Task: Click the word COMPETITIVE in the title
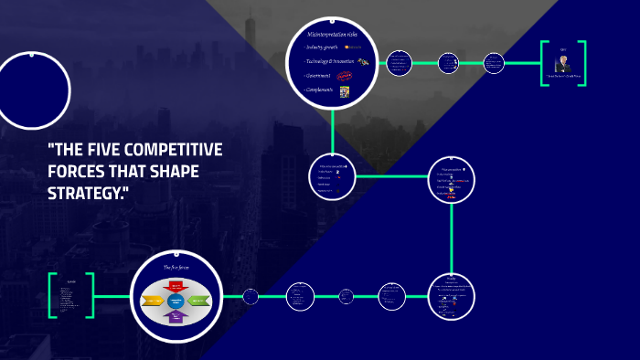point(178,150)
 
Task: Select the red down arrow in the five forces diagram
point(176,286)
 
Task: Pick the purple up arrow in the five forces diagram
point(176,316)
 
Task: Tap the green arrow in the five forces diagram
point(199,301)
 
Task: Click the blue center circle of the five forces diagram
point(176,301)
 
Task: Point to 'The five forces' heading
point(176,267)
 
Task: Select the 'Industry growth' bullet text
point(323,47)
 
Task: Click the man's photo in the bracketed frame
point(563,63)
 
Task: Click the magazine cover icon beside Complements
point(345,91)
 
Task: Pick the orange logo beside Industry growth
point(352,47)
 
